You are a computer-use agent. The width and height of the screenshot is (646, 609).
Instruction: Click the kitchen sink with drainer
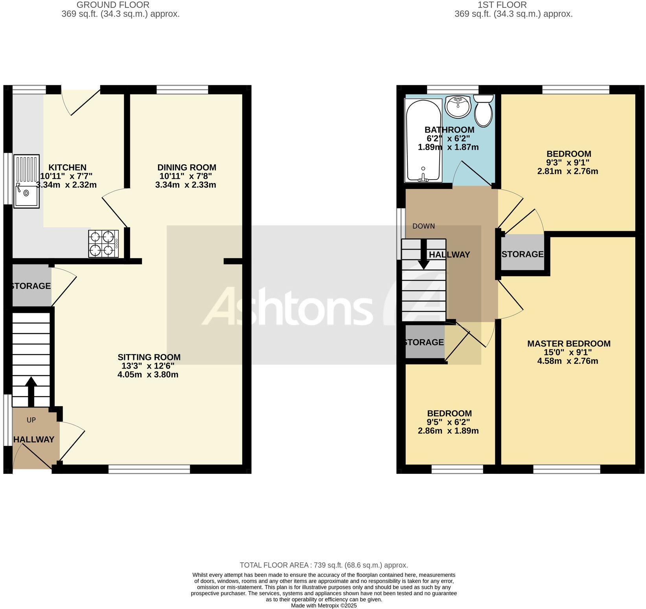[26, 181]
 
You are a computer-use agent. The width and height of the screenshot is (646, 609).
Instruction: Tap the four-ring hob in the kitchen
[103, 244]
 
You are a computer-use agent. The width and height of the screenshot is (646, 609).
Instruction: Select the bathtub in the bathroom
[423, 141]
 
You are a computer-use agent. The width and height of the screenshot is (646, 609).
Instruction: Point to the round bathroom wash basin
[458, 106]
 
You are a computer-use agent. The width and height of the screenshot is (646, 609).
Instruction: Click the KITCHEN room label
[67, 168]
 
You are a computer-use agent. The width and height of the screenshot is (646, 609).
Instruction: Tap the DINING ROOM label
[187, 168]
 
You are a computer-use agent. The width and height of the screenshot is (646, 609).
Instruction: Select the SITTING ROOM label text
[149, 357]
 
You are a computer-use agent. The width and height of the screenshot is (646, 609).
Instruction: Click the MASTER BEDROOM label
[569, 344]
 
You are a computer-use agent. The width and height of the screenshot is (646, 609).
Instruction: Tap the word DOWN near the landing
[423, 226]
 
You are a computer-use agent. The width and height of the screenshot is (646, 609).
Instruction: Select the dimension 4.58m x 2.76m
[567, 361]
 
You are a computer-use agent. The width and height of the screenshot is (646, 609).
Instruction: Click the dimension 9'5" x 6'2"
[448, 422]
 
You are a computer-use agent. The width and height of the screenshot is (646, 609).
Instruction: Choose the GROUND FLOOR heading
[113, 5]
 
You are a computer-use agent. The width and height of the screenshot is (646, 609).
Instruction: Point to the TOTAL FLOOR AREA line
[324, 565]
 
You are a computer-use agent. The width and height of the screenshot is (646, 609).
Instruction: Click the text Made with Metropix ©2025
[324, 605]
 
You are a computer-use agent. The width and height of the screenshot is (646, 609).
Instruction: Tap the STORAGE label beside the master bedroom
[523, 254]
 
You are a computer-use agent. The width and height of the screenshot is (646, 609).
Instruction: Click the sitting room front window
[149, 469]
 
